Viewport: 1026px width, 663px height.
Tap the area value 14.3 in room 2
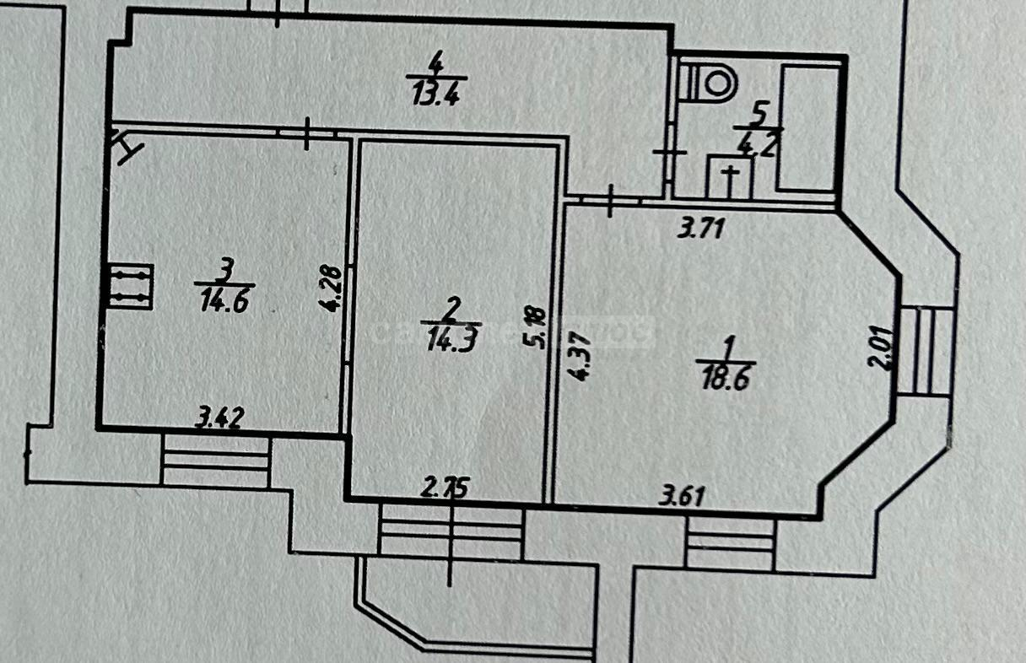(x=451, y=338)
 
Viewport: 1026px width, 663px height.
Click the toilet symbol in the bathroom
(x=711, y=82)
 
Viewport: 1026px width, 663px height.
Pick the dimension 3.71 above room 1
(x=701, y=229)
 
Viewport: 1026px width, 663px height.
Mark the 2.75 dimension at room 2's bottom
(x=445, y=488)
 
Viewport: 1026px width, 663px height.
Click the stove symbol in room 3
(x=129, y=287)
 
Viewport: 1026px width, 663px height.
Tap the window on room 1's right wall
(x=926, y=351)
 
